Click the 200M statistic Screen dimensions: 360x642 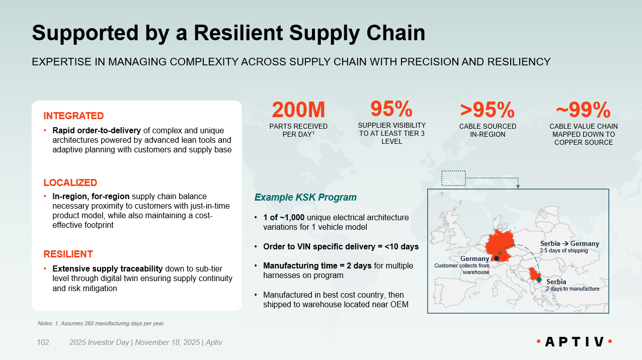point(298,110)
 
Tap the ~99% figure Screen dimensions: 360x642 point(583,110)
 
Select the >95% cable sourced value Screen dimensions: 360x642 point(487,110)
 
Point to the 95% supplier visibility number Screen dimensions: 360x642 point(391,109)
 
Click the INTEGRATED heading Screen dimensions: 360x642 point(73,116)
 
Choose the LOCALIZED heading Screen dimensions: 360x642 point(70,183)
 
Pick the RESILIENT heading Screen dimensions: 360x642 point(68,254)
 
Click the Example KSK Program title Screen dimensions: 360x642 point(305,197)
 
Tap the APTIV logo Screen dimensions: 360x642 point(574,342)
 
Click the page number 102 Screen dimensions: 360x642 point(43,342)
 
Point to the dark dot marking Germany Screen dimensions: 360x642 point(497,258)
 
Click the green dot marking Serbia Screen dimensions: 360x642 point(538,279)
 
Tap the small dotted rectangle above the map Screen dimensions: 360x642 point(453,177)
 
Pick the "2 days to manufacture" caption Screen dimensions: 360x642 point(573,289)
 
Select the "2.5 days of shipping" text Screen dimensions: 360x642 point(564,250)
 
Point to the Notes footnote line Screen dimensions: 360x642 point(101,323)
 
